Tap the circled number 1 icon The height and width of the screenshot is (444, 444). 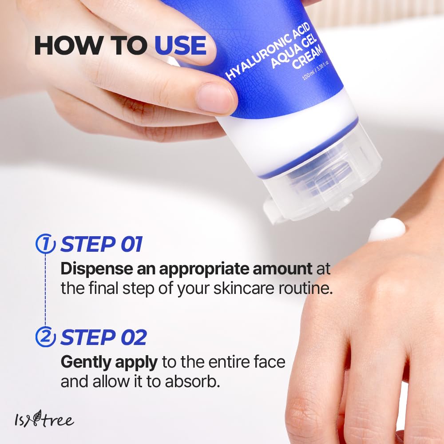45,244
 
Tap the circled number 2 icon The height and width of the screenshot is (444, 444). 45,338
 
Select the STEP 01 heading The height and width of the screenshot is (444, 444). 101,245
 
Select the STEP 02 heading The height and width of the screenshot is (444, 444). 103,338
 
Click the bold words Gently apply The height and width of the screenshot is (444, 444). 109,362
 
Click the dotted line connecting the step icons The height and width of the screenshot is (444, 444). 45,291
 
